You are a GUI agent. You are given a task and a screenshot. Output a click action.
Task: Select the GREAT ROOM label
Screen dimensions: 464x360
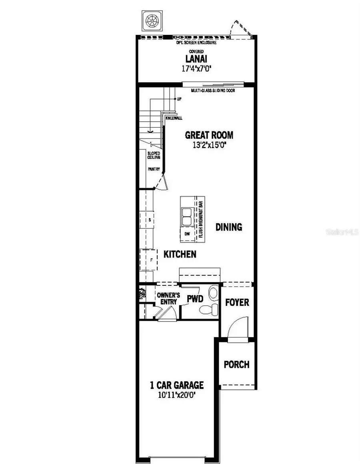coord(209,135)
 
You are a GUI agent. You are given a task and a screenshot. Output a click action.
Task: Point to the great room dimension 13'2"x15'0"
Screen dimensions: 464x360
coord(209,145)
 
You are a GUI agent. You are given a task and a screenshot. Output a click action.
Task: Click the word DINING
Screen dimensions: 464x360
coord(229,227)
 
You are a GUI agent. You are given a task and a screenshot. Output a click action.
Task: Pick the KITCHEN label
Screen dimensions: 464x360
coord(180,254)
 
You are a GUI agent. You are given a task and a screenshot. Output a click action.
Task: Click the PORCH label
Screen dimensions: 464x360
coord(236,365)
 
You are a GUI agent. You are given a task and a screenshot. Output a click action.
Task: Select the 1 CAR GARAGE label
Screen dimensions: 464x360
coord(177,386)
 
